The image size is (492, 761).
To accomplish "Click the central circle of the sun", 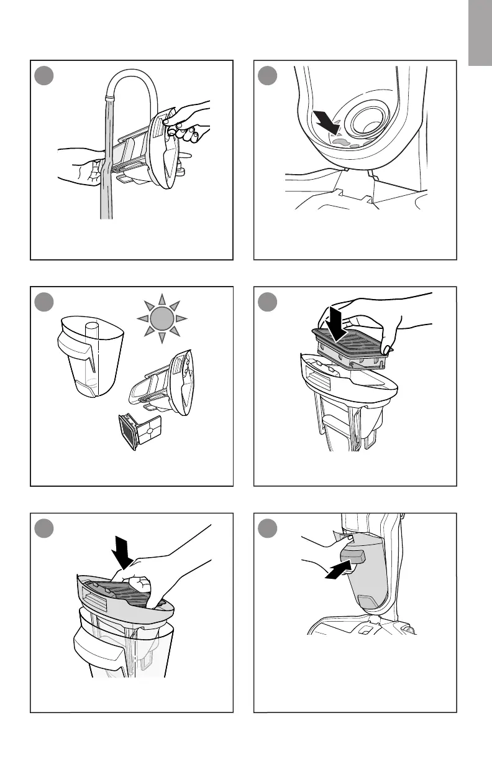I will point(160,319).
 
